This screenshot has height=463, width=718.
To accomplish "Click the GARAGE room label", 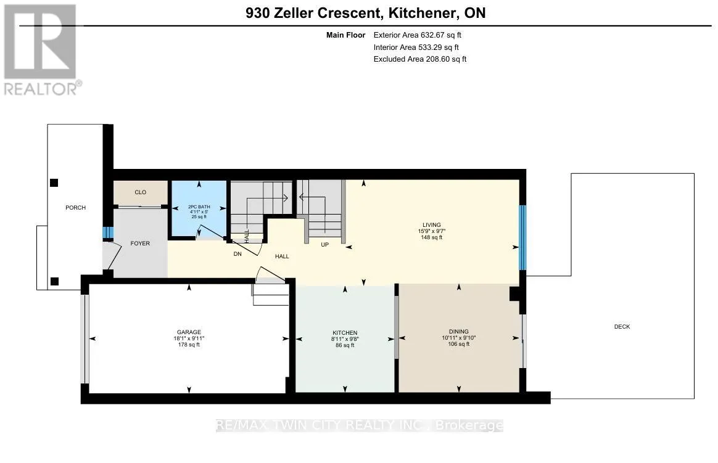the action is (x=189, y=332).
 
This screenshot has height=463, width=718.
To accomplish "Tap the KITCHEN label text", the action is (x=345, y=333).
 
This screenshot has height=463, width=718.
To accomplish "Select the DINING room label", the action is (x=458, y=332).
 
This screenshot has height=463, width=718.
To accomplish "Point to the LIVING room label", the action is (x=431, y=225).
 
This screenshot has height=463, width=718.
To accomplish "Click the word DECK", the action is (x=622, y=327).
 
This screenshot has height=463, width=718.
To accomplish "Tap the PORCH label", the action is (x=75, y=208).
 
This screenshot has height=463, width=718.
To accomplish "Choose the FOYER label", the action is (x=140, y=244).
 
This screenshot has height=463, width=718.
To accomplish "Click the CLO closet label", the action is (x=141, y=192).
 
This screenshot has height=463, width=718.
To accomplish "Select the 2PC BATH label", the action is (x=199, y=207).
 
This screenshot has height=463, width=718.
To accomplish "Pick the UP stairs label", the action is (x=324, y=245).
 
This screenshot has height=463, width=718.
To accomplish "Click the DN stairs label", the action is (x=237, y=254).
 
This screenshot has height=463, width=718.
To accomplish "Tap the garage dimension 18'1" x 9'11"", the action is (x=189, y=338).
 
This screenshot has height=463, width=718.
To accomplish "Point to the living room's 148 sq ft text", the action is (x=431, y=237).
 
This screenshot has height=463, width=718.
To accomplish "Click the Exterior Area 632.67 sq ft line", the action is (x=417, y=35).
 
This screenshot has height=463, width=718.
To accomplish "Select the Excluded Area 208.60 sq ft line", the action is (x=420, y=59).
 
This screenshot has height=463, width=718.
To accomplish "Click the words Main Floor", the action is (x=345, y=35).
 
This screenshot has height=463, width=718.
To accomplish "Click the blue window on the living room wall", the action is (x=522, y=237).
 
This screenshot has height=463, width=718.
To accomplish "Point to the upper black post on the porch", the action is (x=54, y=183).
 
